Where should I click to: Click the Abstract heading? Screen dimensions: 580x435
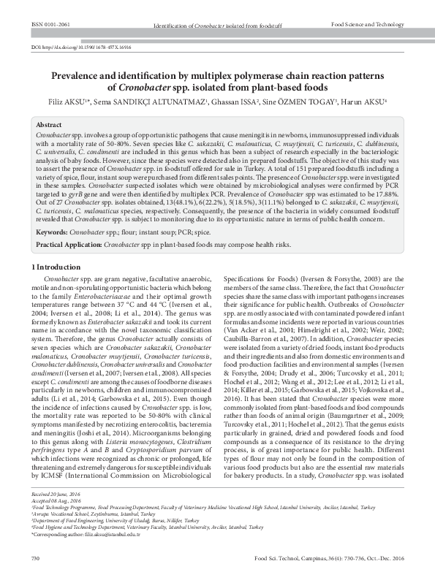(x=49, y=125)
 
